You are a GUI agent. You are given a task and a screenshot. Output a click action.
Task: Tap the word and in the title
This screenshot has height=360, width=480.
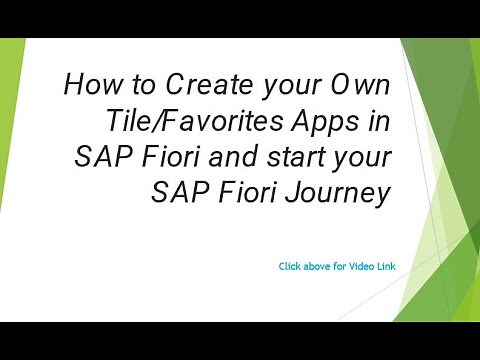tap(223, 158)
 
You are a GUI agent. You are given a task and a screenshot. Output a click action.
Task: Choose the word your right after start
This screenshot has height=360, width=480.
tap(357, 158)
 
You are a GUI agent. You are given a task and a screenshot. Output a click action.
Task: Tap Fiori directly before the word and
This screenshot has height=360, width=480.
tap(165, 158)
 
